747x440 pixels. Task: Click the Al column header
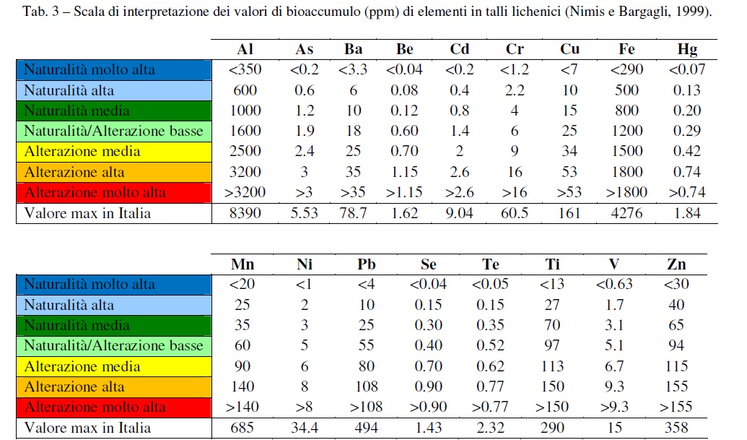[x=245, y=49]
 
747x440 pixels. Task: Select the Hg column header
[x=687, y=50]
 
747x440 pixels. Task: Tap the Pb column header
[x=367, y=264]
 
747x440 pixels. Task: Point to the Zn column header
[x=676, y=264]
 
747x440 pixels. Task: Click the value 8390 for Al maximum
[x=245, y=212]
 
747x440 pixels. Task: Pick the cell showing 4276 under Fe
[x=626, y=212]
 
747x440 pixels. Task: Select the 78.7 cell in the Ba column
[x=353, y=212]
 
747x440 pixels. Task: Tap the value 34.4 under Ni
[x=305, y=428]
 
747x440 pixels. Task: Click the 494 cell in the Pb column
[x=366, y=428]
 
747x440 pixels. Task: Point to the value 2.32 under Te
[x=490, y=428]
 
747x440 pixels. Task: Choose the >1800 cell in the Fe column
[x=626, y=192]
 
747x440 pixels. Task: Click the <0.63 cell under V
[x=614, y=284]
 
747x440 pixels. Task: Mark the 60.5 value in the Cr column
[x=515, y=212]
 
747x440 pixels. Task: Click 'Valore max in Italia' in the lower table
[x=87, y=428]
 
